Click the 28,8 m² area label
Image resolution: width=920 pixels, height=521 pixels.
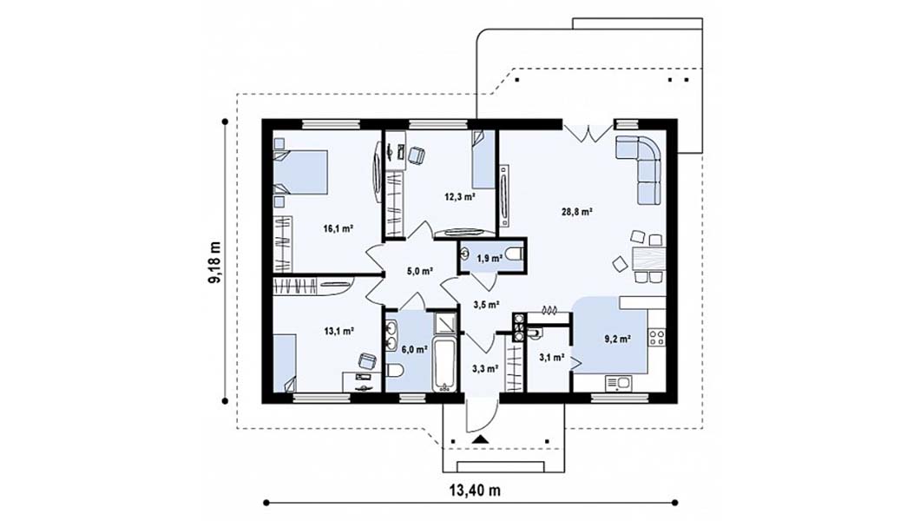click(577, 212)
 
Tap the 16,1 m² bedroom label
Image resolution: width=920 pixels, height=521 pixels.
click(338, 228)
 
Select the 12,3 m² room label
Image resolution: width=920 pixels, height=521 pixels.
click(459, 197)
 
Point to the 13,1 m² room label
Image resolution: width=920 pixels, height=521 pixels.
click(339, 331)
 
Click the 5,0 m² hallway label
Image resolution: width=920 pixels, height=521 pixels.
click(420, 271)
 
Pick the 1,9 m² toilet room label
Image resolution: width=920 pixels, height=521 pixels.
click(490, 258)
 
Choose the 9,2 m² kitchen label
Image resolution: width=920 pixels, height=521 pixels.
click(617, 339)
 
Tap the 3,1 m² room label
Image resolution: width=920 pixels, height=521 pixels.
click(551, 357)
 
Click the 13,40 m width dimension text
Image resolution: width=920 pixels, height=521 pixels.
click(476, 491)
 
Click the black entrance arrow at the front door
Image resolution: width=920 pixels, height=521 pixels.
click(481, 439)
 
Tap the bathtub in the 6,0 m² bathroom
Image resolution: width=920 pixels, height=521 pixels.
click(444, 364)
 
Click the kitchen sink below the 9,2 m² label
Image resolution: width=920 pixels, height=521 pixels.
click(619, 384)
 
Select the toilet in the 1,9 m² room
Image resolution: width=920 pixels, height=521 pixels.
click(515, 255)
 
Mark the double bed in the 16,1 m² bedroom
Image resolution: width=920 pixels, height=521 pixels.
click(300, 172)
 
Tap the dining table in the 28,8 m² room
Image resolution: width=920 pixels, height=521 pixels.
click(649, 258)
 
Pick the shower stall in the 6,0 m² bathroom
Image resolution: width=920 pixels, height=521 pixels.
click(445, 323)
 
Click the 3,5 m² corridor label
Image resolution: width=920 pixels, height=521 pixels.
click(486, 305)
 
